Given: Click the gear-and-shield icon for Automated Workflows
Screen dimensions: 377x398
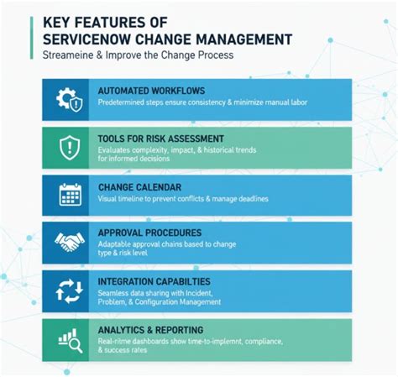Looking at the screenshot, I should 68,100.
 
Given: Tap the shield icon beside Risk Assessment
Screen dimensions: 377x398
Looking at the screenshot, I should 68,147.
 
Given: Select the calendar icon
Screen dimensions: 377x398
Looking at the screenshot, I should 68,195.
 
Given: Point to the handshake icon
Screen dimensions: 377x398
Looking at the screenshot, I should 68,243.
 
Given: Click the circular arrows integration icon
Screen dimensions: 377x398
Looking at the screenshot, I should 68,291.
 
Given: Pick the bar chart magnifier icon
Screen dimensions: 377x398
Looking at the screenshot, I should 68,338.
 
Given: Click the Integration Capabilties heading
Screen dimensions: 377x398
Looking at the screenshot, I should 154,281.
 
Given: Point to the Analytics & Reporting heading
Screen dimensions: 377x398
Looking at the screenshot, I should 150,330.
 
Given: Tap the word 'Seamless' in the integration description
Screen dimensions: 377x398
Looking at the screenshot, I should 116,293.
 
